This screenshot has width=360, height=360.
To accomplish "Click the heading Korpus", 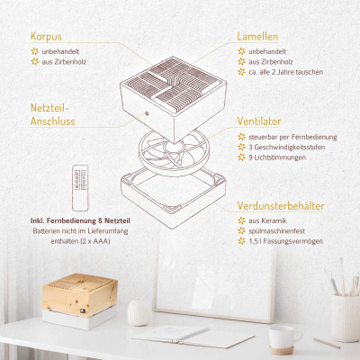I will pos(46,37).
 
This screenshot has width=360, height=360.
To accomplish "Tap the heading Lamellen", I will pos(258,37).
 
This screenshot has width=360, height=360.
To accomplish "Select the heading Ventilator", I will pos(260,120).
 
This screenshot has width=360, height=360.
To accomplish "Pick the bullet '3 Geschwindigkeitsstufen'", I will pos(288,148).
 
